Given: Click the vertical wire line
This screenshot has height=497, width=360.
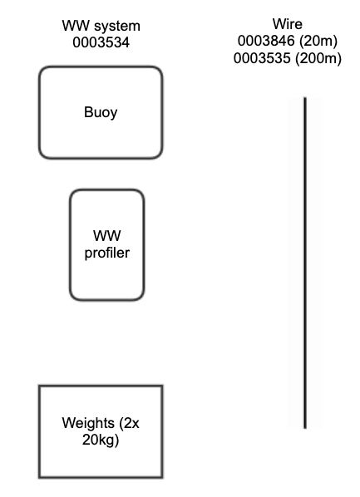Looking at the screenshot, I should [x=305, y=263].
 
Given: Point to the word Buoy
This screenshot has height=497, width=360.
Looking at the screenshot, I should [x=101, y=112].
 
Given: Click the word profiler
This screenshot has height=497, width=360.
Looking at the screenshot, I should [x=107, y=253].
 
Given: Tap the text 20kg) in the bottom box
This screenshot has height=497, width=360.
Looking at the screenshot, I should [x=101, y=440].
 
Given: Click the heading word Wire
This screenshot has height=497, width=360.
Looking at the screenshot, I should [x=288, y=24].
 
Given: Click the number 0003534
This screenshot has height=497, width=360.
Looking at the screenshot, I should [x=101, y=42].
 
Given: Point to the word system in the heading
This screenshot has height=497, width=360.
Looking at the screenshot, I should [x=117, y=26].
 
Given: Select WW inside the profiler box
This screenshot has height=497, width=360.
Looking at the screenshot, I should [x=107, y=237].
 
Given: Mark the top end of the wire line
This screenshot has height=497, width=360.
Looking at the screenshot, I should [x=305, y=99].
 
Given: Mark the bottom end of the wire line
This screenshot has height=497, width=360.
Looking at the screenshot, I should [x=305, y=426].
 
